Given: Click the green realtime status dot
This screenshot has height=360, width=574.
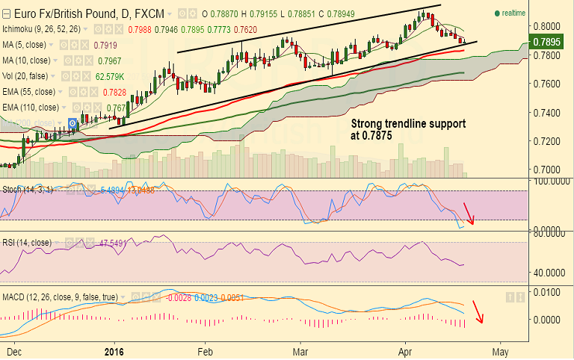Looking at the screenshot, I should pyautogui.click(x=498, y=13).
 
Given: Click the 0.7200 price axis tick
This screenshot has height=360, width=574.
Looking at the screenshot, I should pyautogui.click(x=548, y=140).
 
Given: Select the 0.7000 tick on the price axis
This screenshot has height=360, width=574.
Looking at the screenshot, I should pyautogui.click(x=548, y=170).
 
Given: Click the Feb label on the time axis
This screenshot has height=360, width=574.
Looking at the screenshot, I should pyautogui.click(x=206, y=350).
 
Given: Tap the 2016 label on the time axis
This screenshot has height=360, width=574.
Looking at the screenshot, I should pyautogui.click(x=114, y=350).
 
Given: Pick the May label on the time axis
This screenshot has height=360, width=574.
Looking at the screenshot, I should pyautogui.click(x=500, y=350).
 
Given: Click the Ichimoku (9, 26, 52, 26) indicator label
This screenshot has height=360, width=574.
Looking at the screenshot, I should pyautogui.click(x=49, y=28).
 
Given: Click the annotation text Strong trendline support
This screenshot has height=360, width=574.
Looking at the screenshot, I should pyautogui.click(x=408, y=122).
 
